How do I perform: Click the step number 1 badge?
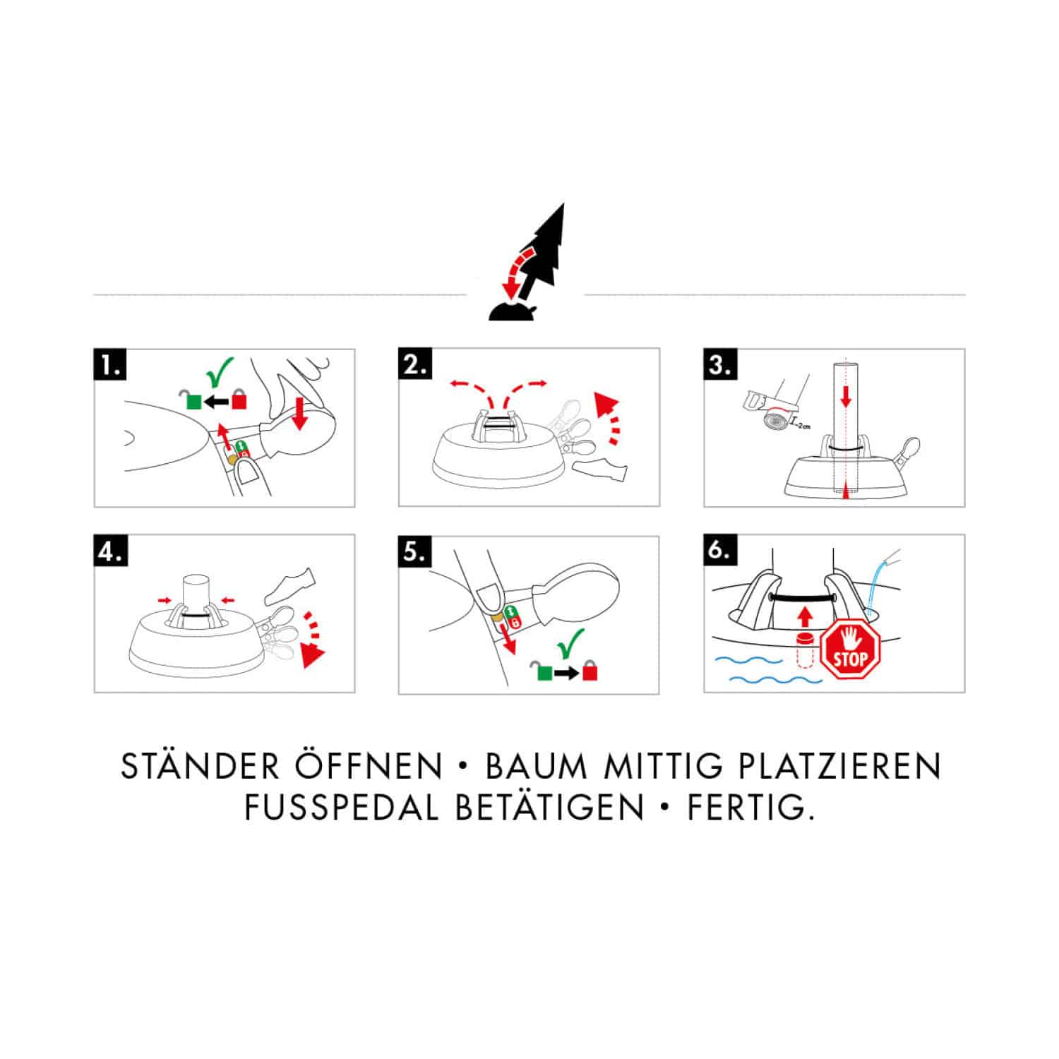tap(111, 366)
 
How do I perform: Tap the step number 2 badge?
tap(415, 366)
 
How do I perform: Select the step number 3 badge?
tap(720, 366)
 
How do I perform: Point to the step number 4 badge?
tap(111, 551)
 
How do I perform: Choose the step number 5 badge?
tap(415, 551)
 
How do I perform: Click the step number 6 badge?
tap(720, 551)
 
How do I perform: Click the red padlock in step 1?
tap(240, 400)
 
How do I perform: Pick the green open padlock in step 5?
tap(543, 671)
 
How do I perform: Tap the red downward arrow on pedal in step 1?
tap(299, 413)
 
